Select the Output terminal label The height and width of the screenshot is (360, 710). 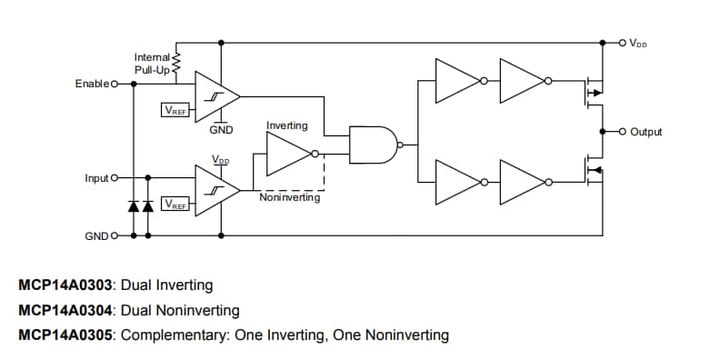646,132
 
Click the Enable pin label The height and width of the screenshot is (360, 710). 92,84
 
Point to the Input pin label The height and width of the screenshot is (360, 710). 96,178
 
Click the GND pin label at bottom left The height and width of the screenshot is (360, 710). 95,235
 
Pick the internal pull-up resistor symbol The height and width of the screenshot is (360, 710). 176,62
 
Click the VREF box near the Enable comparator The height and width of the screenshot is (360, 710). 175,110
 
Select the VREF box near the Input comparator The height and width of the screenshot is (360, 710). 175,205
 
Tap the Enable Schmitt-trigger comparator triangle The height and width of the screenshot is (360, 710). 215,95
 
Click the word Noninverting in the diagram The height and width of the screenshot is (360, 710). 289,197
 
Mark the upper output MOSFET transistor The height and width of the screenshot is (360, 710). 592,92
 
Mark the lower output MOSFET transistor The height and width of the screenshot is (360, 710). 592,171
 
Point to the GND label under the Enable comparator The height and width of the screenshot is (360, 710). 221,130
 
